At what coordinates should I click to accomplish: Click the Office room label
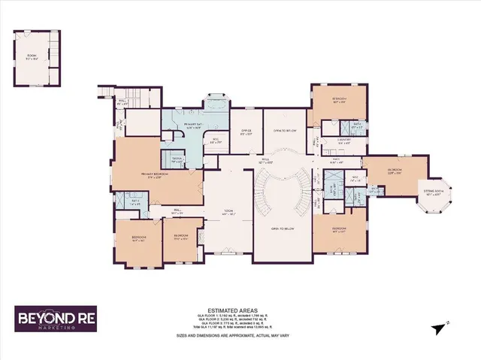pos(245,132)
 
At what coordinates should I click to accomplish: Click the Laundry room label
pos(345,141)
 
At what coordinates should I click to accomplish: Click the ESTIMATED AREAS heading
pos(240,310)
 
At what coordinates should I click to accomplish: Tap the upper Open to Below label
pos(286,131)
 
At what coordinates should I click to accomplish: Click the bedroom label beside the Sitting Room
pos(395,171)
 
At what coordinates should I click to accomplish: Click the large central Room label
pos(227,213)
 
